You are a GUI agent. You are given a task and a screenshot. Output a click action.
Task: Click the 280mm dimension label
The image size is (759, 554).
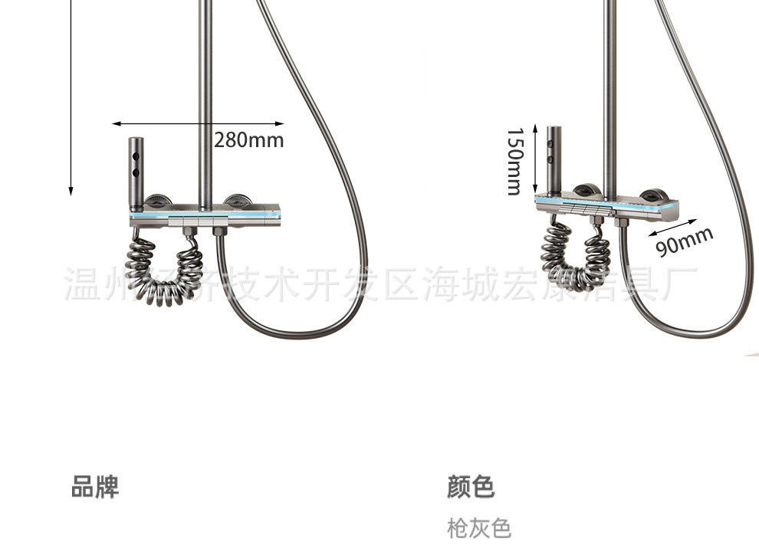point(248,140)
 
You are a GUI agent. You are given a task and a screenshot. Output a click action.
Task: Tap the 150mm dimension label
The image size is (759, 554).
point(514,161)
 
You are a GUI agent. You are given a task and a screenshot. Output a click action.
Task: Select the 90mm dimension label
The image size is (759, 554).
point(685,242)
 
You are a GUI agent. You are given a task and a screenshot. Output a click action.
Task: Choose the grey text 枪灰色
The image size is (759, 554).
point(478,528)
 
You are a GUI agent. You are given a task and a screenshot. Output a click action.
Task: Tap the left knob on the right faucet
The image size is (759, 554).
point(586,190)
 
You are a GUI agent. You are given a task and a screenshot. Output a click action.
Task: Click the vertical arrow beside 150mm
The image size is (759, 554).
point(537,160)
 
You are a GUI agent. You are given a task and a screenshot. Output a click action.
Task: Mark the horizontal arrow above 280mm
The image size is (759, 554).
point(198,123)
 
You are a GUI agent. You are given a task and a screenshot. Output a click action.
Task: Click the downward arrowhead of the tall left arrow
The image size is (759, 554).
point(71,190)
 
